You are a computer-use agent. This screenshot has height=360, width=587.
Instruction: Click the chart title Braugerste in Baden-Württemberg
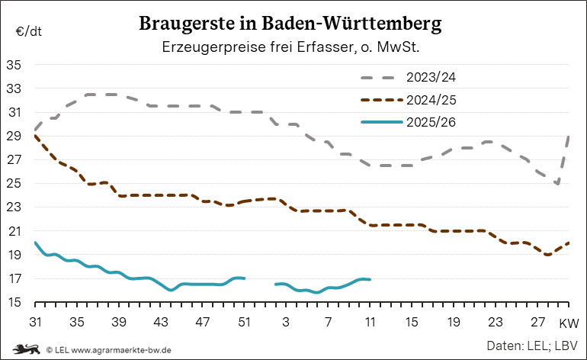click(x=290, y=24)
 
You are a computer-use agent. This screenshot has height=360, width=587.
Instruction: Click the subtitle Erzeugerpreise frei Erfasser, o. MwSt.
click(x=292, y=47)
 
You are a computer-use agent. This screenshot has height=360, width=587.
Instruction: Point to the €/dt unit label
click(x=28, y=32)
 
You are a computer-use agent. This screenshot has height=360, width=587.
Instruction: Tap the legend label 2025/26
click(x=431, y=122)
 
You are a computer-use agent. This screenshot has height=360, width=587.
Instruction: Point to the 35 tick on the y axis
click(x=14, y=65)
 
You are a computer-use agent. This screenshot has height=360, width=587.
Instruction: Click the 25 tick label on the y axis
click(x=14, y=184)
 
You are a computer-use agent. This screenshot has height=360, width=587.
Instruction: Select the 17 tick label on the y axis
click(x=14, y=279)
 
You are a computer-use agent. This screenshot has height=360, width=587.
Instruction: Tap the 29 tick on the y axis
click(x=14, y=137)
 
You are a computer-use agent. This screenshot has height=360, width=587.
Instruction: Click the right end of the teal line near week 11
click(x=370, y=280)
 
